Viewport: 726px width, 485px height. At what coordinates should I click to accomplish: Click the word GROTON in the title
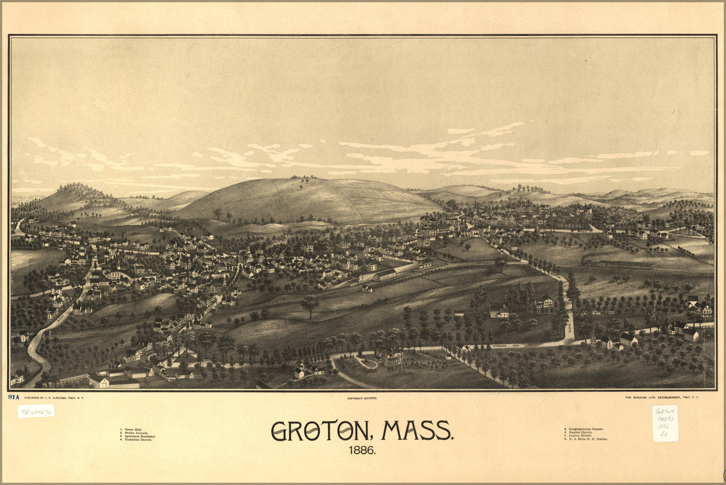(320, 431)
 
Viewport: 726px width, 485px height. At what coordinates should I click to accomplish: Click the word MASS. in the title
(417, 431)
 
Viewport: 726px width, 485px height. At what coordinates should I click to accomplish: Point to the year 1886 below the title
(362, 451)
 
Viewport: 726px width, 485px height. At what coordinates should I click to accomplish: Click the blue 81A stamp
(14, 397)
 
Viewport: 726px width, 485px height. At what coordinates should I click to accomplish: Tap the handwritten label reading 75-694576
(36, 411)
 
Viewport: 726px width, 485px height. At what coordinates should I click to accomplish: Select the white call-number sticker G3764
(665, 423)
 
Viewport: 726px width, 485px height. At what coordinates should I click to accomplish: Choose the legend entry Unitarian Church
(137, 439)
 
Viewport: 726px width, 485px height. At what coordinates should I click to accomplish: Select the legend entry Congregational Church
(584, 429)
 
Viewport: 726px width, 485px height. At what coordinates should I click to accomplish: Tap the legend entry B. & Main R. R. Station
(587, 439)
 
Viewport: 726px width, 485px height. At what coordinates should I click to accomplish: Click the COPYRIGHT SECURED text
(362, 398)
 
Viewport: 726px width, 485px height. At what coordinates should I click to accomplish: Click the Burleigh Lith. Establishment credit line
(662, 397)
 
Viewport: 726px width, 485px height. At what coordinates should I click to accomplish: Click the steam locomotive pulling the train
(587, 264)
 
